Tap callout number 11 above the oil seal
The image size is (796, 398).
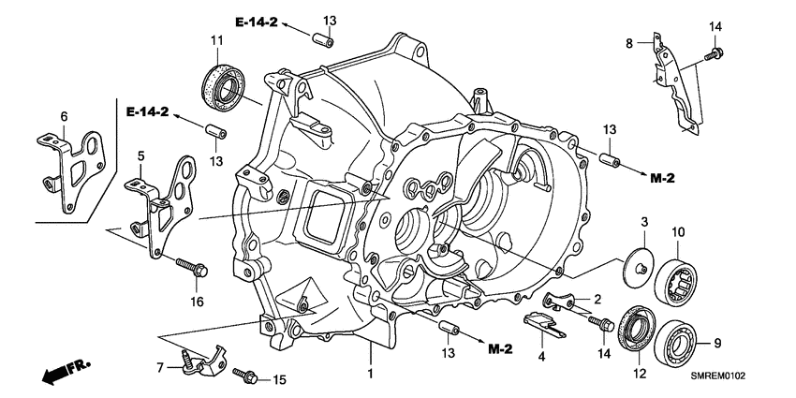coord(216,39)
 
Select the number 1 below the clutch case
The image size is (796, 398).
coord(370,375)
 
